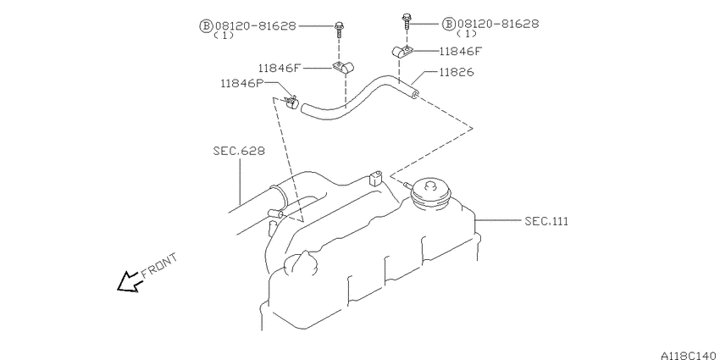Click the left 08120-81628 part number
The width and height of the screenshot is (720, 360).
253,25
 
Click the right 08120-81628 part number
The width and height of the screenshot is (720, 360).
497,25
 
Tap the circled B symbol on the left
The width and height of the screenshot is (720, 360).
204,26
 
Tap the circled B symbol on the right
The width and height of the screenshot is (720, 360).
448,25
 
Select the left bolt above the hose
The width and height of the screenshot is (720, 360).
339,27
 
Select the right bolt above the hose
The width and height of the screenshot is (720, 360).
407,20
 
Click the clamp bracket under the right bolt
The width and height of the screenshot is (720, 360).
402,53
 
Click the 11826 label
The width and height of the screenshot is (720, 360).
456,73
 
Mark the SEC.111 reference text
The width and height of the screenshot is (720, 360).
546,221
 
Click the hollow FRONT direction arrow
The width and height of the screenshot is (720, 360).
129,282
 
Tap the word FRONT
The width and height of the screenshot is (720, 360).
159,264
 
